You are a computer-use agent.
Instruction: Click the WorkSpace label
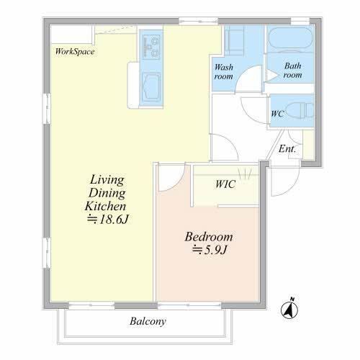coord(75,51)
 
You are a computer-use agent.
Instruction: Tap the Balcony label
coord(148,321)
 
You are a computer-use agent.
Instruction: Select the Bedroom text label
coord(209,237)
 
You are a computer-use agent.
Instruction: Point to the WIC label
coord(225,184)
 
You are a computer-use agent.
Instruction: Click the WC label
coord(277,114)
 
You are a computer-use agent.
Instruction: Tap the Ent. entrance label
coord(287,149)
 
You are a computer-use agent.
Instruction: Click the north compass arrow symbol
coord(289,308)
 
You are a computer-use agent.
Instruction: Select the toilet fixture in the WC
coord(300,110)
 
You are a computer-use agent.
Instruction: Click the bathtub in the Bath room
coord(290,39)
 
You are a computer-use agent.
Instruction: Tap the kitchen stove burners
coord(151,47)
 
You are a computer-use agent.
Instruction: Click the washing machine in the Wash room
coord(234,40)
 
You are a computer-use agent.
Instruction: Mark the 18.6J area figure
coord(108,219)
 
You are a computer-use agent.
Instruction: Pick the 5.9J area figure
coord(210,250)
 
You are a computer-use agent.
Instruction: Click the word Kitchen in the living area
coord(105,206)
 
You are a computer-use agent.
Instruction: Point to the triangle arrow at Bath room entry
coord(272,75)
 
